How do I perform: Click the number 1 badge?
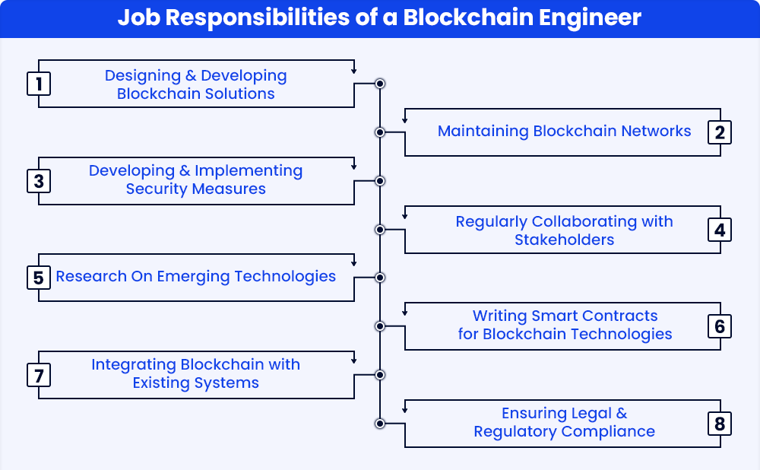click(x=39, y=84)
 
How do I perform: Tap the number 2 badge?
click(x=720, y=132)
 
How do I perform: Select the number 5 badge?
click(x=39, y=278)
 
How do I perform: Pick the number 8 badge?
click(x=720, y=424)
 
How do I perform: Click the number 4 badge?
click(x=720, y=230)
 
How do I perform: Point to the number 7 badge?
click(x=39, y=375)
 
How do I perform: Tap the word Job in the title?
click(x=138, y=17)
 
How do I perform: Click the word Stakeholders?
click(x=564, y=240)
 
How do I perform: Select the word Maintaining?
click(x=483, y=132)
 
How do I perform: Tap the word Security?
click(x=152, y=189)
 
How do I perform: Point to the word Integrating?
click(x=133, y=365)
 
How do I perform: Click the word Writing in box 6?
click(x=500, y=316)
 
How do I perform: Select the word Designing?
click(x=143, y=76)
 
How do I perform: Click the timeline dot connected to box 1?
click(x=380, y=84)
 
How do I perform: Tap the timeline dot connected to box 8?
click(x=380, y=424)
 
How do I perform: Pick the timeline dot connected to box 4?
click(x=380, y=230)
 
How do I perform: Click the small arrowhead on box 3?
click(x=354, y=167)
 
